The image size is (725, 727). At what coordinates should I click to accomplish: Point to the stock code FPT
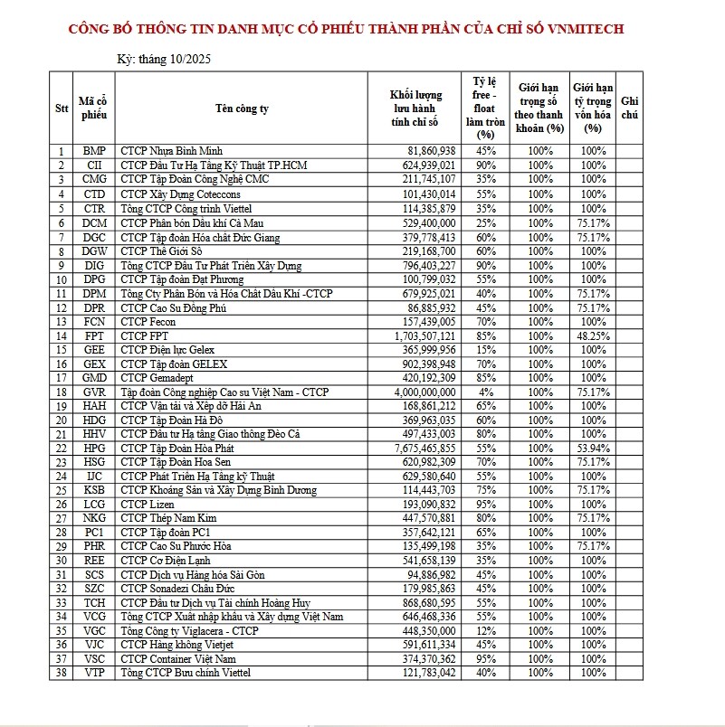coord(94,335)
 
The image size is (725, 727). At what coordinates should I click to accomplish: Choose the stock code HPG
coord(94,448)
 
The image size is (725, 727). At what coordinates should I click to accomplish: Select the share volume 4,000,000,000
coord(425,392)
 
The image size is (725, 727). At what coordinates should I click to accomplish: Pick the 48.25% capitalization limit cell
coord(593,335)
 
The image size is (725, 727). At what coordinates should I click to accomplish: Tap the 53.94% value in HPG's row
coord(593,448)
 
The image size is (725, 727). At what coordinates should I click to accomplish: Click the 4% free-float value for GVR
coord(485,392)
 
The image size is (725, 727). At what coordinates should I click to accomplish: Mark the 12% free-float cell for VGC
coord(485,631)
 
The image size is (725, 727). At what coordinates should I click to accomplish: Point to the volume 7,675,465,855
coord(425,448)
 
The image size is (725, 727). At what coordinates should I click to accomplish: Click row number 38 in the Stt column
coord(62,673)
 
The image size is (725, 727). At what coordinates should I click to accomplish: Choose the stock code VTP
coord(94,673)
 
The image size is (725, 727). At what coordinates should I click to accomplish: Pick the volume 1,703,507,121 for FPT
coord(425,335)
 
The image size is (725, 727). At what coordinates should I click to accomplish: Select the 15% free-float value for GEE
coord(485,349)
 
